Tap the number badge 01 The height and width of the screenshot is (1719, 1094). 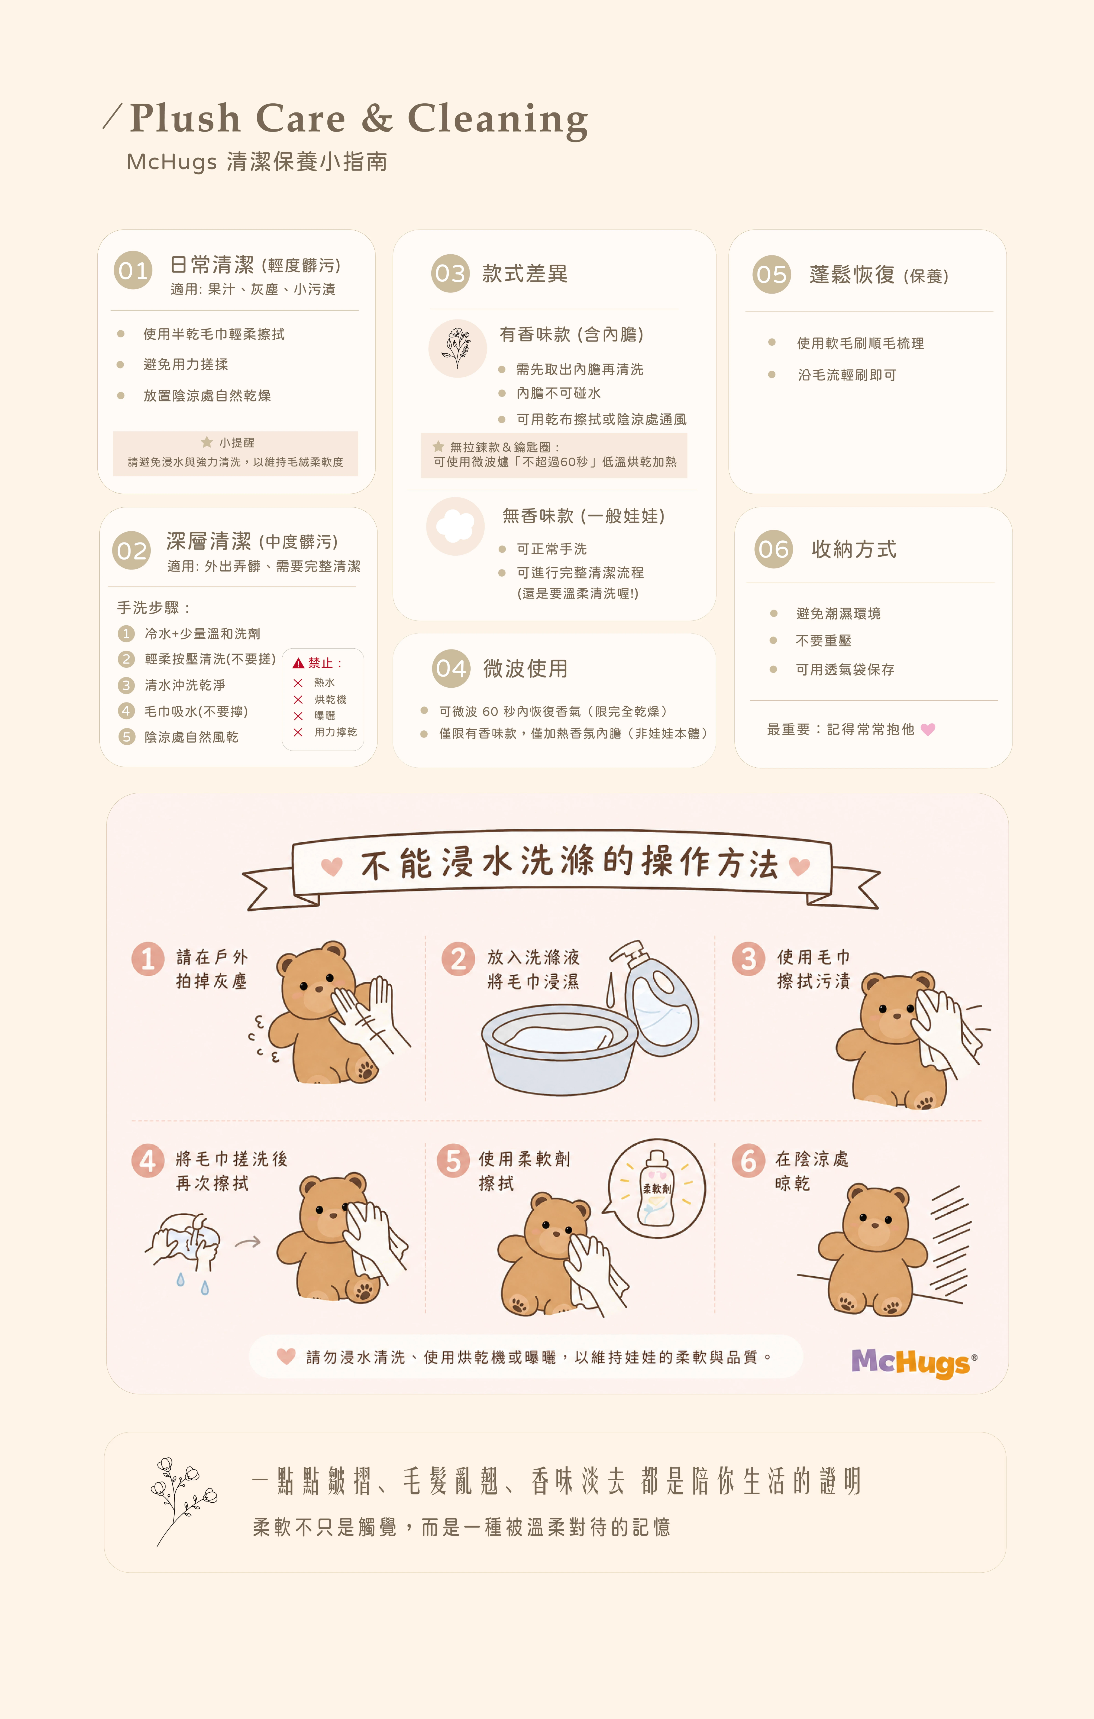tap(133, 271)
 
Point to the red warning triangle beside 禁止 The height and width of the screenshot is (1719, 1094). tap(299, 663)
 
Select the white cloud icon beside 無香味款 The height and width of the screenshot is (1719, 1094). tap(455, 526)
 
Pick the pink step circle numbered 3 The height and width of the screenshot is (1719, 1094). tap(748, 959)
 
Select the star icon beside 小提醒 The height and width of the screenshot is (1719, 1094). tap(207, 442)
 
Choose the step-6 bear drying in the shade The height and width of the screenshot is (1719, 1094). tap(873, 1249)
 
